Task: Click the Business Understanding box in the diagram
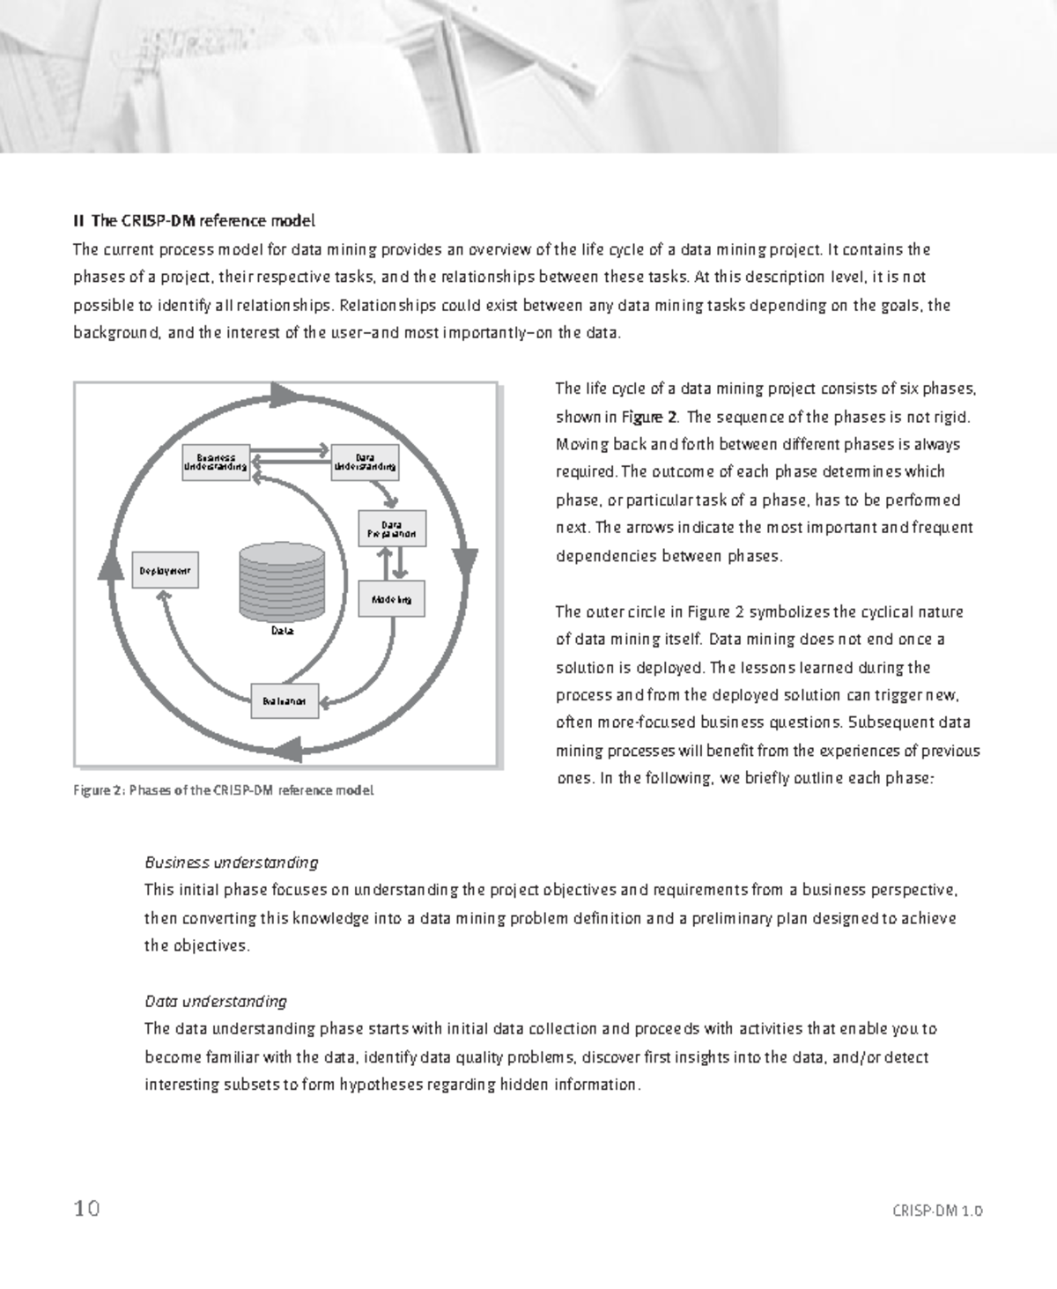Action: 216,462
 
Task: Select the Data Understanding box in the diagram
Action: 365,462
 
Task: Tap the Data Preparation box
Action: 392,529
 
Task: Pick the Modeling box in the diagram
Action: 392,599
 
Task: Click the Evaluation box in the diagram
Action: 285,701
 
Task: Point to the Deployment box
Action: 165,570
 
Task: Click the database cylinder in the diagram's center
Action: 282,582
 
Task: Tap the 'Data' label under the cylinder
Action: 282,631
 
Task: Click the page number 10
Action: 86,1208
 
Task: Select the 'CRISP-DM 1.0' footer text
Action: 937,1211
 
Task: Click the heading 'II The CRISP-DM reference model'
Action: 194,220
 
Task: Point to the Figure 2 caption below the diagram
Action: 224,790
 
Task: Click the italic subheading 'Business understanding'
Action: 231,862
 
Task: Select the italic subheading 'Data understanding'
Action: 216,1001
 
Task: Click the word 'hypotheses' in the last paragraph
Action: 382,1085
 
